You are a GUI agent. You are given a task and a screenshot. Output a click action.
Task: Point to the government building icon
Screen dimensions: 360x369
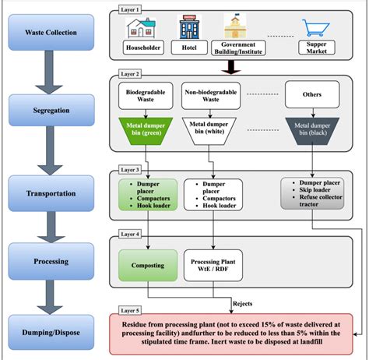pyautogui.click(x=233, y=26)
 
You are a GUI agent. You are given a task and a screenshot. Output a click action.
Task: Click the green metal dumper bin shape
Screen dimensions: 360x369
pyautogui.click(x=152, y=132)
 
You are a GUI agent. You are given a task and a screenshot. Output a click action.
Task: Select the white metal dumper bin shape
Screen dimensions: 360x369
pyautogui.click(x=212, y=132)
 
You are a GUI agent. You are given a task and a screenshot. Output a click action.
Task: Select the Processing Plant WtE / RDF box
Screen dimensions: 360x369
pyautogui.click(x=213, y=263)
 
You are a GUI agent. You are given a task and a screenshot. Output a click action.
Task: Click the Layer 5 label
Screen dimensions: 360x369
pyautogui.click(x=128, y=310)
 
